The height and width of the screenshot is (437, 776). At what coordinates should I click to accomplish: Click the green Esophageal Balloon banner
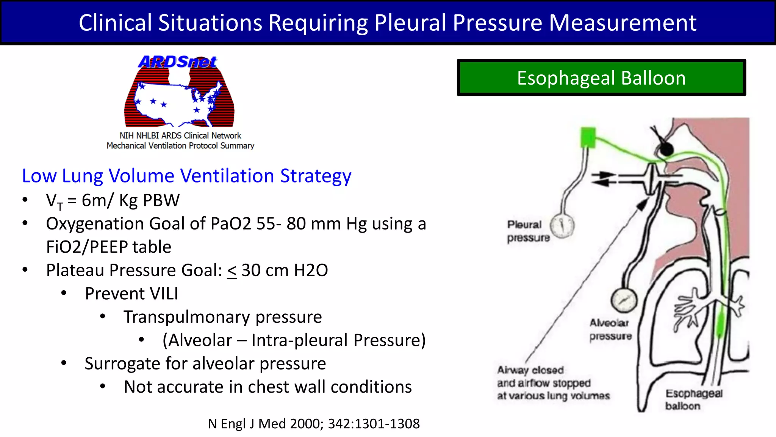pos(601,78)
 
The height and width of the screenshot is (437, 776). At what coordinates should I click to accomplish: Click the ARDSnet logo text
pos(177,62)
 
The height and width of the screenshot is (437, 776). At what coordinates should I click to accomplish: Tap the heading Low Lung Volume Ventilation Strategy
pos(186,176)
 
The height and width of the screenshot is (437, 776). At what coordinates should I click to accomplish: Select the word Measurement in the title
pos(623,23)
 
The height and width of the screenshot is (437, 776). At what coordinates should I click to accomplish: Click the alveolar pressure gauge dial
pos(624,300)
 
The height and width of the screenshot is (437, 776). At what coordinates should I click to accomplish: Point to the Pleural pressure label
pos(527,231)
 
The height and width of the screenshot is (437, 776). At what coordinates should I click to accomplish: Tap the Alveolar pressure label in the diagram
pos(610,329)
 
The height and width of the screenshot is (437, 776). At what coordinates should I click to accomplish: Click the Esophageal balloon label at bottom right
pos(693,399)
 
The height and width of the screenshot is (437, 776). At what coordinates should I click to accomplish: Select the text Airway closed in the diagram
pos(530,370)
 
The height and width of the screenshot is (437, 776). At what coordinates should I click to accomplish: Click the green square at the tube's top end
pos(588,137)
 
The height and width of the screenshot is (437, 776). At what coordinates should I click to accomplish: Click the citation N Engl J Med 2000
pos(314,424)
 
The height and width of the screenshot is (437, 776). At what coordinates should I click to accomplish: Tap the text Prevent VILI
pos(131,294)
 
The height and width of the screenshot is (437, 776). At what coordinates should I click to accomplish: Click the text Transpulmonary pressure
pos(223,317)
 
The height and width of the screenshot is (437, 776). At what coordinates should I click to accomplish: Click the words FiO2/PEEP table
pos(109,247)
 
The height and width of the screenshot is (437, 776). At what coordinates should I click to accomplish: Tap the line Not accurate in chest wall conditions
pos(268,387)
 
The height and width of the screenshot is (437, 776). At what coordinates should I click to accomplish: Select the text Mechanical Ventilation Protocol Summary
pos(180,146)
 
